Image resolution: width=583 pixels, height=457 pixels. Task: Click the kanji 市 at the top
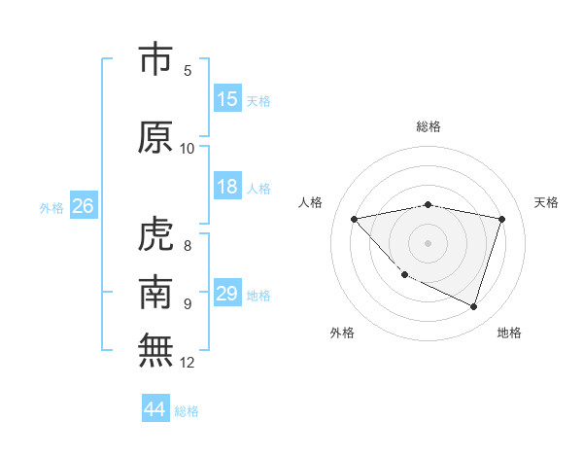156,60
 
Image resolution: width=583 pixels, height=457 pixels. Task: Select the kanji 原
156,137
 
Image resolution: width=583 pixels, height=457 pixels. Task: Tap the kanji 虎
156,234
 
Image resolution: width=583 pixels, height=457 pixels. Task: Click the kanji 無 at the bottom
156,350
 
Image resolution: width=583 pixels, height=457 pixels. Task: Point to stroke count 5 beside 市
188,70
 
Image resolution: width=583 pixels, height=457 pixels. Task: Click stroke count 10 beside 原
188,148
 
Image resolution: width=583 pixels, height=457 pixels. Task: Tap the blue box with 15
227,99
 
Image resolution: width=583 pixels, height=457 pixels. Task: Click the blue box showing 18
227,187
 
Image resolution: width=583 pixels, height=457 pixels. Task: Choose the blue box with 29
227,294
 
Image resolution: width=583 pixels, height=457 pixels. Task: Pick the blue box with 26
83,206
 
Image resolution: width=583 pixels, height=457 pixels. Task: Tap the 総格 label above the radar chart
429,126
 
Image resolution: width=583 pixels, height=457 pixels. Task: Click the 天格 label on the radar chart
546,202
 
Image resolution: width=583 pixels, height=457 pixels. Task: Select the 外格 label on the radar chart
342,333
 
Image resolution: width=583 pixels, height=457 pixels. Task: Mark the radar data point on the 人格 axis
355,219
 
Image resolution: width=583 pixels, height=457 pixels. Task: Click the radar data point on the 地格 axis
473,306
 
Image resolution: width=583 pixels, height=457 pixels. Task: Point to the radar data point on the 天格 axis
501,219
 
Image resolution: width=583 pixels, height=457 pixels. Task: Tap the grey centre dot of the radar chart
428,242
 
